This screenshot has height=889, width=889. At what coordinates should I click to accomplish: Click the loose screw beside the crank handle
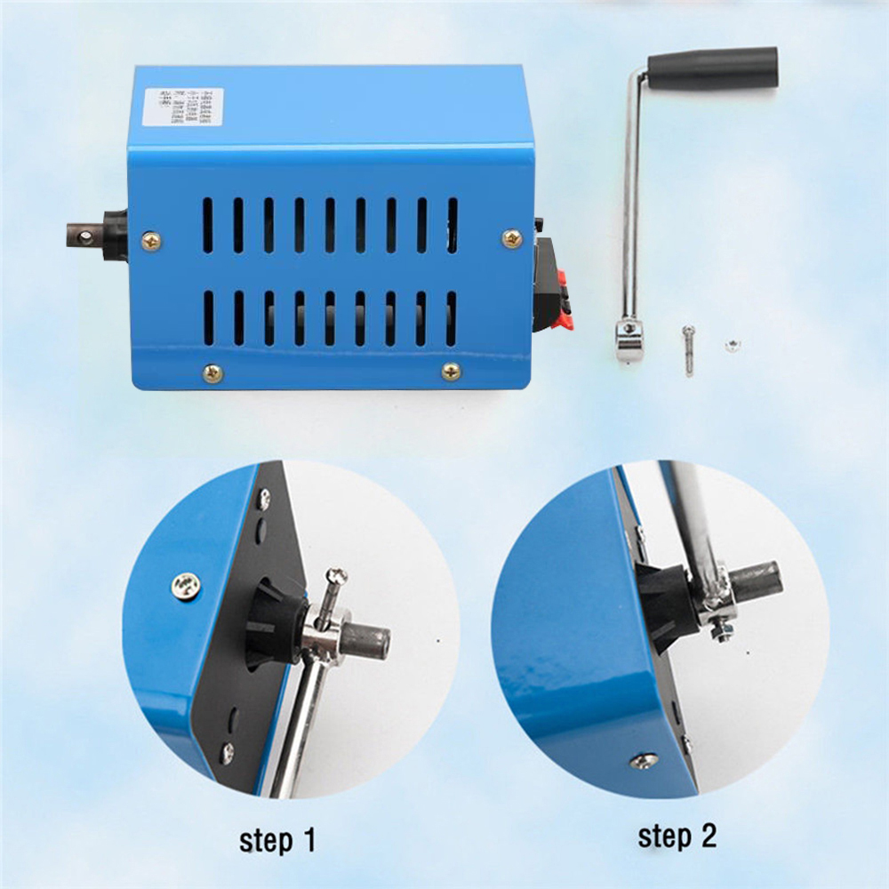pos(689,348)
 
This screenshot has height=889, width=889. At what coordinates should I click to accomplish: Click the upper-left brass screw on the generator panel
pos(151,240)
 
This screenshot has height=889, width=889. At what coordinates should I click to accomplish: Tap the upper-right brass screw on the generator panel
pos(512,238)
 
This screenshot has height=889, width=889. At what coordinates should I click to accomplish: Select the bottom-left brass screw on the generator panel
pos(212,373)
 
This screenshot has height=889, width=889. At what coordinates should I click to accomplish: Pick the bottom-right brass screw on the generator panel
pos(452,372)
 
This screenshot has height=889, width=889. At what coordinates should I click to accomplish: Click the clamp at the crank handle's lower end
pos(629,340)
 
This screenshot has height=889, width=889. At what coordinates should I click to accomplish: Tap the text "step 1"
pos(276,839)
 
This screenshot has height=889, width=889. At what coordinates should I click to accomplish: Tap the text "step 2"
pos(677,836)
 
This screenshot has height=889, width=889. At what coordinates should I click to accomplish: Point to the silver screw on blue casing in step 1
pos(187,585)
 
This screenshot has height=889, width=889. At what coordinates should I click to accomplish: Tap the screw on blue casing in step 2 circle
pos(644,761)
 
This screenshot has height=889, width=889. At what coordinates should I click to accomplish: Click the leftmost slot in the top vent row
pos(208,226)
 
